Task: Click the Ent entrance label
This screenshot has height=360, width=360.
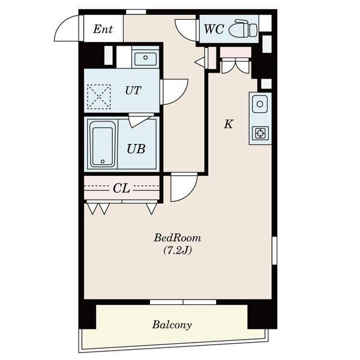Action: click(103, 29)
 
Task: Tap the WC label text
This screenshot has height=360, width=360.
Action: click(214, 29)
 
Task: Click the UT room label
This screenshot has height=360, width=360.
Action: click(133, 91)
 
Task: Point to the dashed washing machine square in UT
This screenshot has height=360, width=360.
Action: click(99, 97)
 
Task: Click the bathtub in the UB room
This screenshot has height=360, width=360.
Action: click(102, 144)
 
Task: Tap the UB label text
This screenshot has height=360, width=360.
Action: click(136, 149)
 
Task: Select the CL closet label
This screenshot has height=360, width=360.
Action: click(121, 188)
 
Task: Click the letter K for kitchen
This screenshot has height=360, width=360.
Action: click(229, 124)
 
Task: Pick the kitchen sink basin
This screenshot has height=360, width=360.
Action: click(260, 104)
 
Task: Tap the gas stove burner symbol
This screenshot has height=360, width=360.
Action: click(260, 133)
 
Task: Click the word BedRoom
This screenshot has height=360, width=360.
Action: click(178, 238)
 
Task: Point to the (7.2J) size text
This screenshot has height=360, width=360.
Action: click(178, 250)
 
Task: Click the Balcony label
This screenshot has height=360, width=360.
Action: click(172, 325)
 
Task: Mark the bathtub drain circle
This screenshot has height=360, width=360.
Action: click(103, 161)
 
